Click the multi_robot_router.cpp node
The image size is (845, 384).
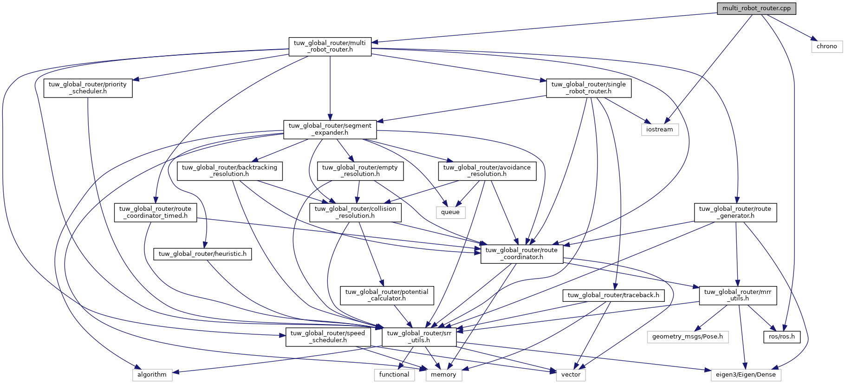[756, 8]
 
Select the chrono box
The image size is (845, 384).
[826, 46]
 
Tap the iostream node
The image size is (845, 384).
[659, 130]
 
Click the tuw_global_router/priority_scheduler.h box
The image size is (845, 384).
[88, 88]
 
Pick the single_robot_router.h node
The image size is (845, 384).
[588, 88]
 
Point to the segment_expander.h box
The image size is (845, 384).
[330, 129]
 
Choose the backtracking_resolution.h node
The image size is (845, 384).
[229, 171]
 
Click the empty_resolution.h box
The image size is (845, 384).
[360, 171]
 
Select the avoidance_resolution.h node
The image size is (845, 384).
[487, 171]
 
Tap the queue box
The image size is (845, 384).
[450, 212]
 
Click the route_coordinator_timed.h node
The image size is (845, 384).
[155, 212]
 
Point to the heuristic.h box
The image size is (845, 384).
[202, 254]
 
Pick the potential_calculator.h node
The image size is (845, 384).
[387, 295]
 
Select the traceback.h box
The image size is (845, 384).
[613, 295]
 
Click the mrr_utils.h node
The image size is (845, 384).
[737, 295]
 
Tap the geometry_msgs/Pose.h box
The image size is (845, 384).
[687, 337]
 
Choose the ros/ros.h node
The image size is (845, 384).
[781, 337]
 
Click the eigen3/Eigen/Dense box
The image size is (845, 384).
[745, 375]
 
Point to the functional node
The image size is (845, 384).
[394, 375]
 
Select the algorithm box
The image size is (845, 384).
[152, 375]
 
